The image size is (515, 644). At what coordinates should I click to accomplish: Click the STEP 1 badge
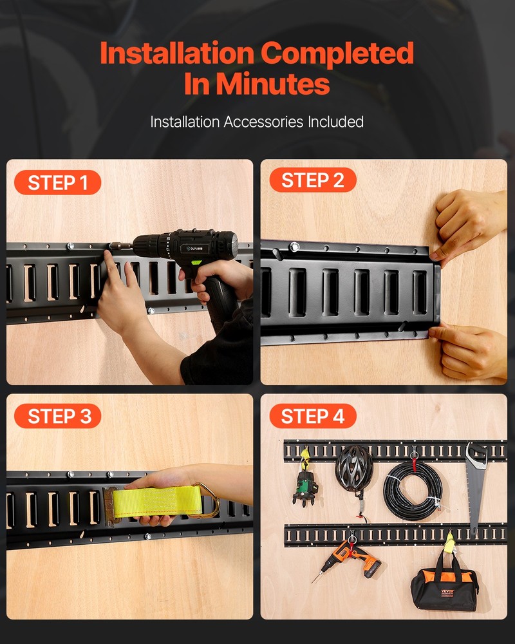coord(57,183)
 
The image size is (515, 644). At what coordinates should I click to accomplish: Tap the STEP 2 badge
coord(312,180)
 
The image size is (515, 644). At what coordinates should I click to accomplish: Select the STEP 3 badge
coord(57,416)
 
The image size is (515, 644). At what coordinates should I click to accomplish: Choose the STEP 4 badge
coord(312,416)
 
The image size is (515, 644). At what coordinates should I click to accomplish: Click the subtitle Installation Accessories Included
coord(257,122)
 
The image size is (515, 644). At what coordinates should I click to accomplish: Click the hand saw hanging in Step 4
coord(476,483)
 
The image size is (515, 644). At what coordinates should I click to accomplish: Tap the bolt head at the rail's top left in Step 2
coord(294,247)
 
